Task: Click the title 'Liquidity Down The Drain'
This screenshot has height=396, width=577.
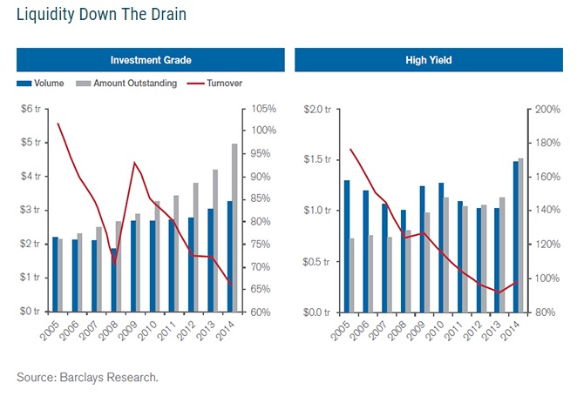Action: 100,15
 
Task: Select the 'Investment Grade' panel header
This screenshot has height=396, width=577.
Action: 151,60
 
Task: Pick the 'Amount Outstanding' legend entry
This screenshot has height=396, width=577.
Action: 126,84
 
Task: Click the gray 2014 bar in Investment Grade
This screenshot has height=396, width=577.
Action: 234,228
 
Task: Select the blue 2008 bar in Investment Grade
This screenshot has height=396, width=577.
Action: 113,280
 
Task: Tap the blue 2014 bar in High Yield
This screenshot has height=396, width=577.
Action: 516,237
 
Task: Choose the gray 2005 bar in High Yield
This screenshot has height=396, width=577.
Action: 352,275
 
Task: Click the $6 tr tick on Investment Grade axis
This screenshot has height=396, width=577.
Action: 30,109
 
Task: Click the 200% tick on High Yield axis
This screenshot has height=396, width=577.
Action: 546,109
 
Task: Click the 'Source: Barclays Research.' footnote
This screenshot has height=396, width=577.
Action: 87,377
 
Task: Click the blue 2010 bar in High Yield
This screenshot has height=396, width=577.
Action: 441,247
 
